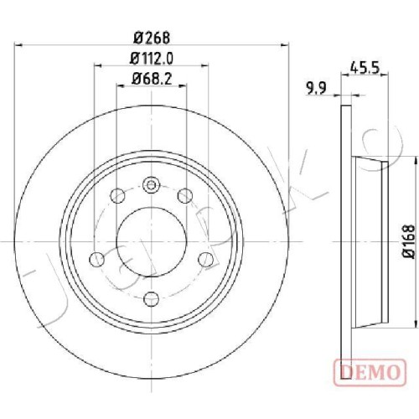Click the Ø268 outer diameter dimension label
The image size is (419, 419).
coord(152,38)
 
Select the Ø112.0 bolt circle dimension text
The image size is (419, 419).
coord(152,59)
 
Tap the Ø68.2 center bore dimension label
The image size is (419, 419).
coord(152,79)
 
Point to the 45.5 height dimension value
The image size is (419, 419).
coord(365,68)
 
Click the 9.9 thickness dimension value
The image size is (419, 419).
coord(316,89)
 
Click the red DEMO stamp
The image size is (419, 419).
coord(370,372)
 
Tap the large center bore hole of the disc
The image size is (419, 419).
coord(152,241)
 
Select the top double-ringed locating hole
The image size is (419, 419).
coord(151,185)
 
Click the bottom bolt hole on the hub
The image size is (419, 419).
coord(151,299)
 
